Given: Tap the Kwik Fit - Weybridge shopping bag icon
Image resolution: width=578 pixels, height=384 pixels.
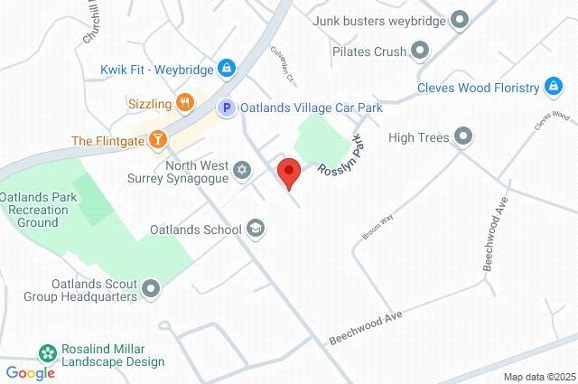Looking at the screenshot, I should point(226,69).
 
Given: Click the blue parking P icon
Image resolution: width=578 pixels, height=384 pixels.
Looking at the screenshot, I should point(228,108).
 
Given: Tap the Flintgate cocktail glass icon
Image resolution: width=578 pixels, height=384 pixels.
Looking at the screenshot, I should point(158,140).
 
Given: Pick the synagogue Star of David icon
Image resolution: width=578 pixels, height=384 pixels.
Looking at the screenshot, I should point(241,170).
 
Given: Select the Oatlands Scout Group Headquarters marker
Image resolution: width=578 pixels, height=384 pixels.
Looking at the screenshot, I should point(151,289).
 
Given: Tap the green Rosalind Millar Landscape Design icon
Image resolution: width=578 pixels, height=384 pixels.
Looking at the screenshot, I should point(45,350).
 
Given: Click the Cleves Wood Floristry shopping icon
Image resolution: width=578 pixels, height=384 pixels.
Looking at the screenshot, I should point(553,88).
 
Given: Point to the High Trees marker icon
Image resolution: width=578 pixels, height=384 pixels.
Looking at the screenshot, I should point(463,137).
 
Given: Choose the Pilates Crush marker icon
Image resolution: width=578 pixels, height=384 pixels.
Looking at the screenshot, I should point(419,51).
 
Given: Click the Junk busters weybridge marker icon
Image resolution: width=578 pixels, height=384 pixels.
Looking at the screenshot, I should point(461,19).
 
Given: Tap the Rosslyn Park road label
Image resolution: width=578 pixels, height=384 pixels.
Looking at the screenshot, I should point(340,156).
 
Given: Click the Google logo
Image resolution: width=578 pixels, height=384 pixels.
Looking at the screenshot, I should point(30,373).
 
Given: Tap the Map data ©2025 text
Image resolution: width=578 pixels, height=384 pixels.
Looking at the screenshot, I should point(538,377).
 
